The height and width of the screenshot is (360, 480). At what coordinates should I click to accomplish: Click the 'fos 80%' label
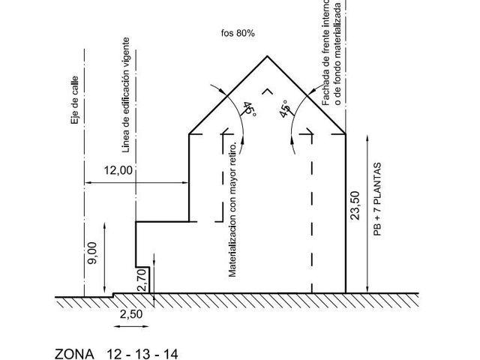coord(238,33)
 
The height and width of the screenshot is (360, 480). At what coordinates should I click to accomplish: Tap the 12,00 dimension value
coord(118,170)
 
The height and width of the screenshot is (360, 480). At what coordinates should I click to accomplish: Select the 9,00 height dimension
coord(91,253)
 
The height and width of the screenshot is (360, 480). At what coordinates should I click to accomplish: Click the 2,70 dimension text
coord(142,280)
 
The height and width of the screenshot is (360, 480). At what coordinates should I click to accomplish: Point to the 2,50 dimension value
coord(131,314)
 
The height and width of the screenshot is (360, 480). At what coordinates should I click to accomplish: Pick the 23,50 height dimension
coord(355,205)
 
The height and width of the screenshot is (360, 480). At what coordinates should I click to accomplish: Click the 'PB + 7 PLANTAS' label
coord(378,199)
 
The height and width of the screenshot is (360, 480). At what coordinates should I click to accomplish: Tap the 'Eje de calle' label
coord(75,100)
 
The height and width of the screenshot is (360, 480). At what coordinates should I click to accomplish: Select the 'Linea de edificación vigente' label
coord(126,95)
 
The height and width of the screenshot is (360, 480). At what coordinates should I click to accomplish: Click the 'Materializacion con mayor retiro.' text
coord(232,209)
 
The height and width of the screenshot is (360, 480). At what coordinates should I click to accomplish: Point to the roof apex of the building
coord(267,56)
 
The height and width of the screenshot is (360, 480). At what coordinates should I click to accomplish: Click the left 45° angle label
coord(250,109)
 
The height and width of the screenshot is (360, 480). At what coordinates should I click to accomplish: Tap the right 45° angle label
coord(285,109)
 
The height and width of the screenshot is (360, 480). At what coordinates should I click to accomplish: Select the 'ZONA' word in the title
coord(74,354)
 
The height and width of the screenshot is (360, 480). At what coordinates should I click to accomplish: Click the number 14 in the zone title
coord(171,354)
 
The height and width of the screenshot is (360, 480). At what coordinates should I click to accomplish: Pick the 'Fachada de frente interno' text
coord(325,53)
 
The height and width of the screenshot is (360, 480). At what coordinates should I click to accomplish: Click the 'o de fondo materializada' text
coord(337,54)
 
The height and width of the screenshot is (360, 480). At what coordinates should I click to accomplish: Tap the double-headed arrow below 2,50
coord(131,327)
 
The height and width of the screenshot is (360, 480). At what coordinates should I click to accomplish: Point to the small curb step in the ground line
coord(113,295)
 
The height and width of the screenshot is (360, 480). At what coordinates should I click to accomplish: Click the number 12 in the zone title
coord(113,354)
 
